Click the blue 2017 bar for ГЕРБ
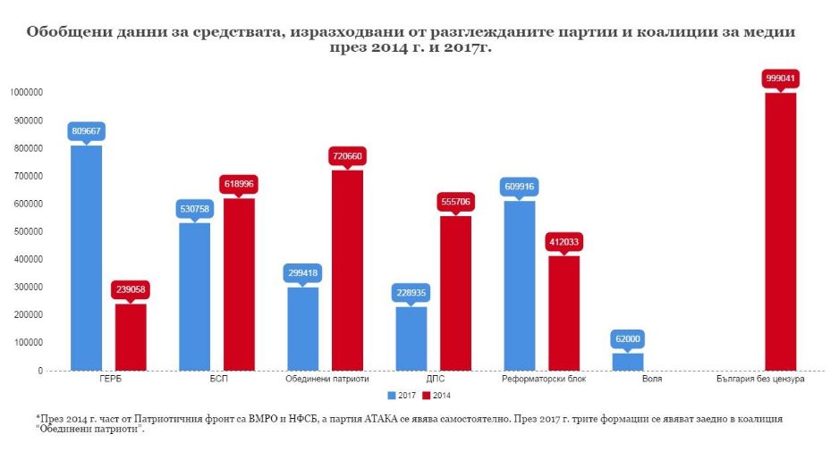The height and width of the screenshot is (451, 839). pyautogui.click(x=87, y=257)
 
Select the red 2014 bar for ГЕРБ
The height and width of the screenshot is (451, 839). pyautogui.click(x=131, y=337)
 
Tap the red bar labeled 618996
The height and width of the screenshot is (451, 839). pyautogui.click(x=239, y=284)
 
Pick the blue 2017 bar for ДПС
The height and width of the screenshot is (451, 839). pyautogui.click(x=411, y=338)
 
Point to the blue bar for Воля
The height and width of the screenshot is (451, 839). pyautogui.click(x=628, y=362)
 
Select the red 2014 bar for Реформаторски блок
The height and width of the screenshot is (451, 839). pyautogui.click(x=564, y=313)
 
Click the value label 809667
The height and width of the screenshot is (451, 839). pyautogui.click(x=87, y=130)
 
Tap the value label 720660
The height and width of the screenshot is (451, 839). pyautogui.click(x=347, y=155)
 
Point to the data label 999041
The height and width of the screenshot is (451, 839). pyautogui.click(x=780, y=78)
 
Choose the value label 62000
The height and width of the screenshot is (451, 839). pyautogui.click(x=628, y=339)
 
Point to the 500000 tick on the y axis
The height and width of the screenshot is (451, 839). pyautogui.click(x=28, y=231)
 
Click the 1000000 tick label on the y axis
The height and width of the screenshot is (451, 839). pyautogui.click(x=26, y=92)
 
